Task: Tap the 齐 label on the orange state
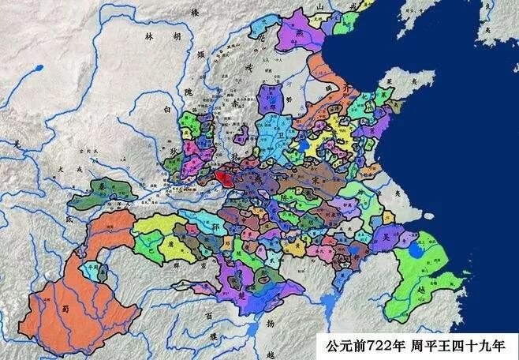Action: tap(350, 91)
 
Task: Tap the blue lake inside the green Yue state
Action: tap(416, 253)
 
